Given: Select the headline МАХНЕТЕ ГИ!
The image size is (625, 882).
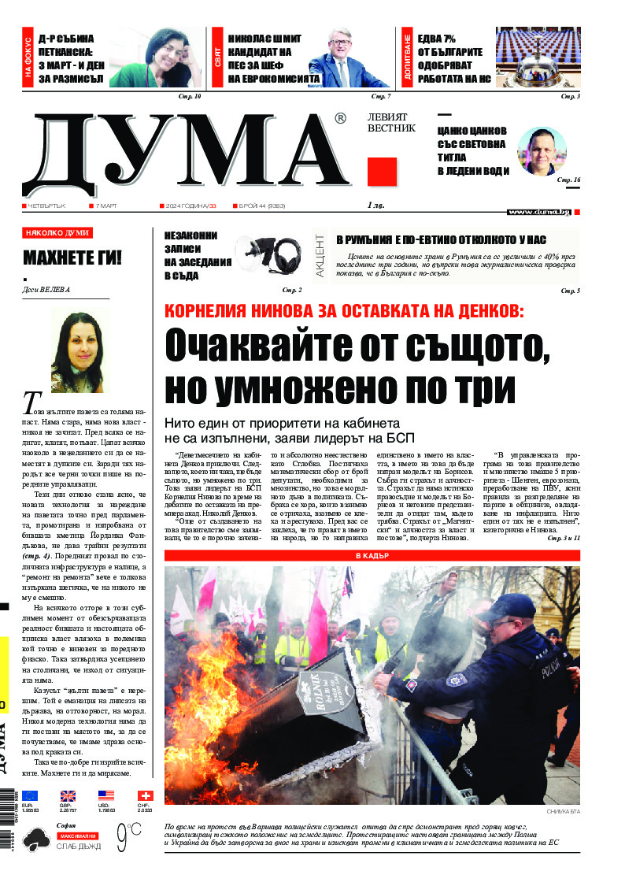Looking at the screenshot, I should (72, 258).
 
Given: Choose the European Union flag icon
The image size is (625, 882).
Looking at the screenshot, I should (30, 796).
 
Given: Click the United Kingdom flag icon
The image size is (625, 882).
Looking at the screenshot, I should (68, 796).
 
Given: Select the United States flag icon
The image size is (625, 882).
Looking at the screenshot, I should (106, 796).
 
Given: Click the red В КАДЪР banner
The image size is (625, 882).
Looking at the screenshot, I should (372, 556).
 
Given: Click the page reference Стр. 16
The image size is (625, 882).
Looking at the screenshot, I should (568, 180).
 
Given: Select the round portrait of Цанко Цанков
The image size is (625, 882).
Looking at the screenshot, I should (542, 150).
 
